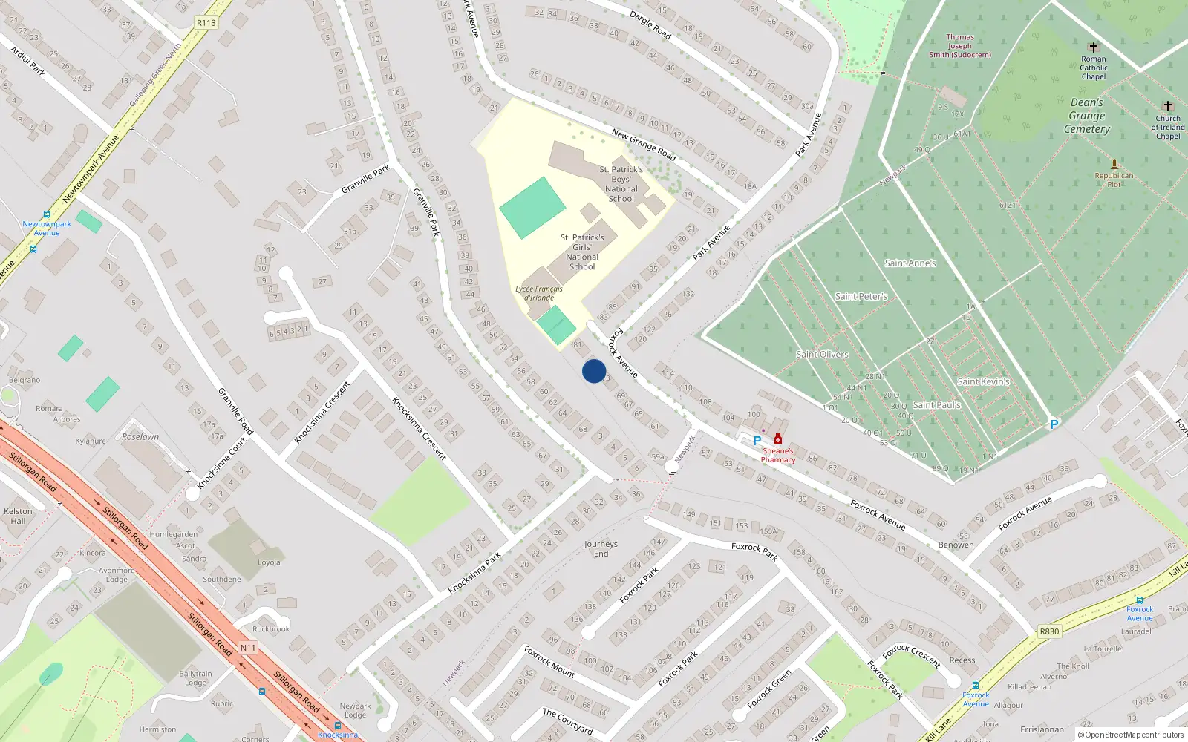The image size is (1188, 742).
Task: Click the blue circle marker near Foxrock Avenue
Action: (594, 371)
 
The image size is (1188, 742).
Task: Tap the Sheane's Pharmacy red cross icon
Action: (777, 439)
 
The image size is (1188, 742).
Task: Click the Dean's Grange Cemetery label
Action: (1087, 116)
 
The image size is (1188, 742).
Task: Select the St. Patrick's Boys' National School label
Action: (621, 184)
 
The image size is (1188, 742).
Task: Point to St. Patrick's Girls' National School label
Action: (582, 252)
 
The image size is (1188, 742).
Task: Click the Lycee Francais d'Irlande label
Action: (539, 293)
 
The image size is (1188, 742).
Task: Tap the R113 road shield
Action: (206, 23)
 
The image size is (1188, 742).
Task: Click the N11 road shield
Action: (248, 648)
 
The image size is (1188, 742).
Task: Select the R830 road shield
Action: (1049, 631)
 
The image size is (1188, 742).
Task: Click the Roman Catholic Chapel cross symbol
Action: (1093, 47)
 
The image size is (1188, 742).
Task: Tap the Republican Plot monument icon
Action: (1114, 164)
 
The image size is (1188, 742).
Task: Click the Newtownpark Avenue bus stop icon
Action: (47, 214)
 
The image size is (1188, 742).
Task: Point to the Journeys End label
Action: (601, 548)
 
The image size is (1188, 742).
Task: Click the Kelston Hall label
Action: (18, 516)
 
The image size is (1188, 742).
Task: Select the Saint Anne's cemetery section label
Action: (910, 263)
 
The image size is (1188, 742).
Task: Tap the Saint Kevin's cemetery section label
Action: (983, 381)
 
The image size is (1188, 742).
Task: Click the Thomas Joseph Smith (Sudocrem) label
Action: (959, 46)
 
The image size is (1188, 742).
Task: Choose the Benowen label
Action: (956, 545)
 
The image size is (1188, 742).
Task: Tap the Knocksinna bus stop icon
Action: (338, 726)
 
